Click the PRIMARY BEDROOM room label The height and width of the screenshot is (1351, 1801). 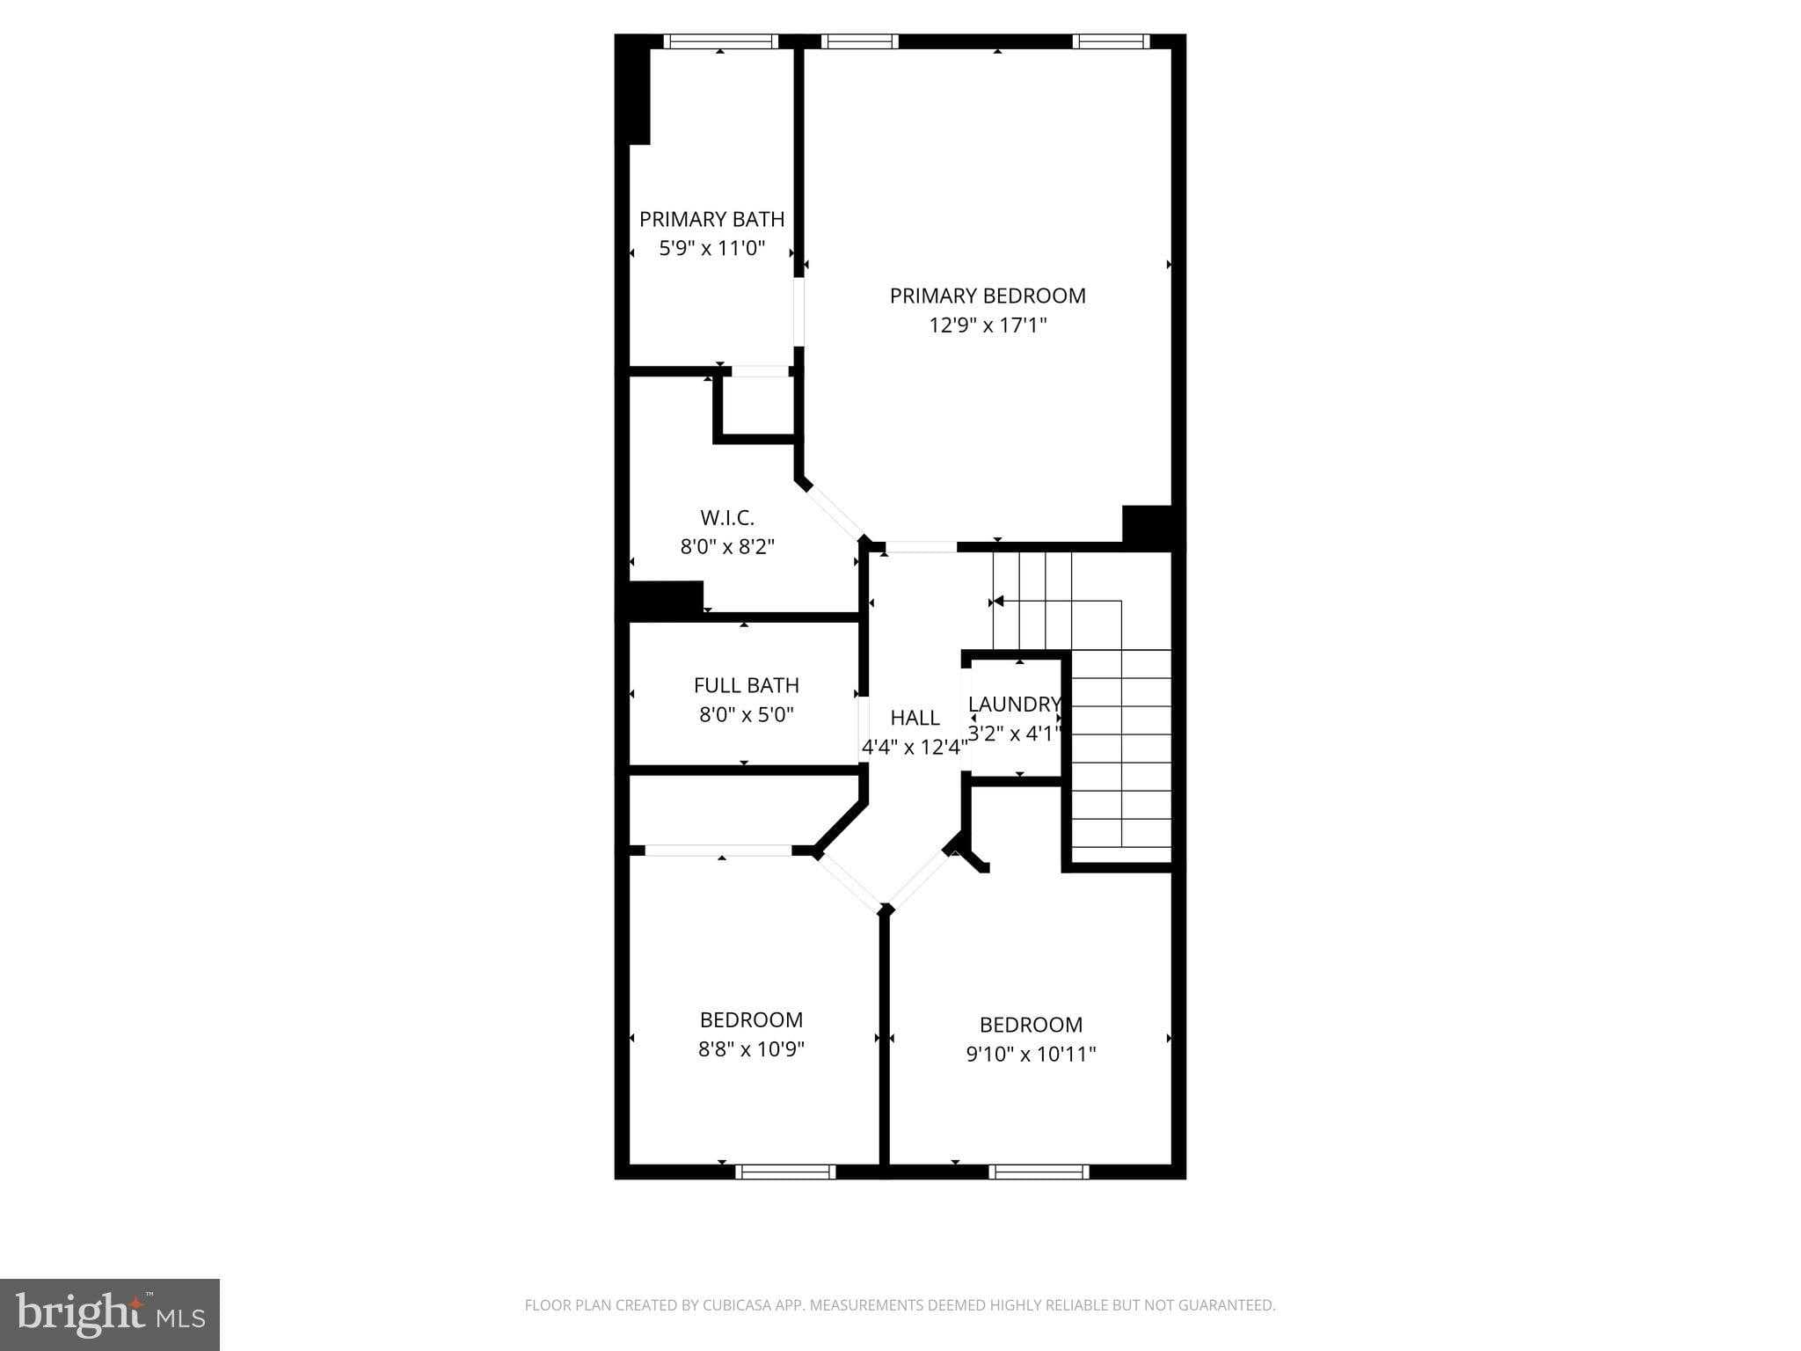988,296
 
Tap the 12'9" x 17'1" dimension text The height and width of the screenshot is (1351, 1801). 988,326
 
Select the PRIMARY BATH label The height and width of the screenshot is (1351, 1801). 711,219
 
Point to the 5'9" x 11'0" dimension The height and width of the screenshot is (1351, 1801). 711,249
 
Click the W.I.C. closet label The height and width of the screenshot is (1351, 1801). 727,518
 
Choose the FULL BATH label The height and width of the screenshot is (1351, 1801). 746,685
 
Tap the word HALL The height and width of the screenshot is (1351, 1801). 915,718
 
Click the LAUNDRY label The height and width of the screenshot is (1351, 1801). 1014,705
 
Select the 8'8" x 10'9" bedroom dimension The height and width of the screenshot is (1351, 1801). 751,1049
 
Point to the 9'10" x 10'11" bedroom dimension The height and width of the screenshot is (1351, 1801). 1031,1054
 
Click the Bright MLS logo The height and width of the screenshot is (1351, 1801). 110,1314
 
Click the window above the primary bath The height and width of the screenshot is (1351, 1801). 721,41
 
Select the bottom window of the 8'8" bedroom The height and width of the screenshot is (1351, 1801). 785,1172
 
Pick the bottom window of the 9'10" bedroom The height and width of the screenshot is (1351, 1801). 1039,1172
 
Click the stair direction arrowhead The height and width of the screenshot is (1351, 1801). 997,602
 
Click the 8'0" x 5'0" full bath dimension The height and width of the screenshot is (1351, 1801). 746,715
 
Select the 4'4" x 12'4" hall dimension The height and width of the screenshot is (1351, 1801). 915,748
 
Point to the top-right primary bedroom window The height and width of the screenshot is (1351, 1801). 1111,41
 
